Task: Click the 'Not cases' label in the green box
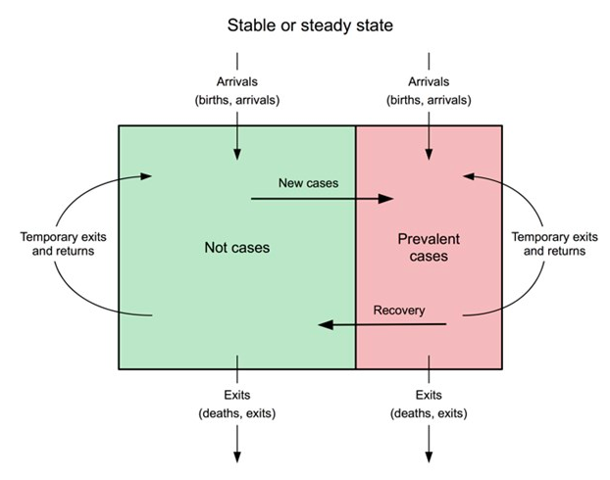coord(236,248)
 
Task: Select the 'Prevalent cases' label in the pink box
coord(429,248)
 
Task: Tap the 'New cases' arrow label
coord(306,182)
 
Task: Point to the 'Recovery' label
coord(399,311)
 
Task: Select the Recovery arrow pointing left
coord(382,324)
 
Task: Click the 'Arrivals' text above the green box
coord(236,81)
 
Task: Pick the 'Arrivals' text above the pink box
coord(429,81)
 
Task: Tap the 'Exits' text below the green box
coord(236,395)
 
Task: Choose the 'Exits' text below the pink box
coord(429,395)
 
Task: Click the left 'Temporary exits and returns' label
coord(63,244)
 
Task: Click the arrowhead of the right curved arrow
coord(469,176)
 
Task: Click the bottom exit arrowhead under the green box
coord(236,456)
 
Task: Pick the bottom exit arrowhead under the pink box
coord(429,456)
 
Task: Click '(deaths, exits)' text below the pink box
coord(429,412)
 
